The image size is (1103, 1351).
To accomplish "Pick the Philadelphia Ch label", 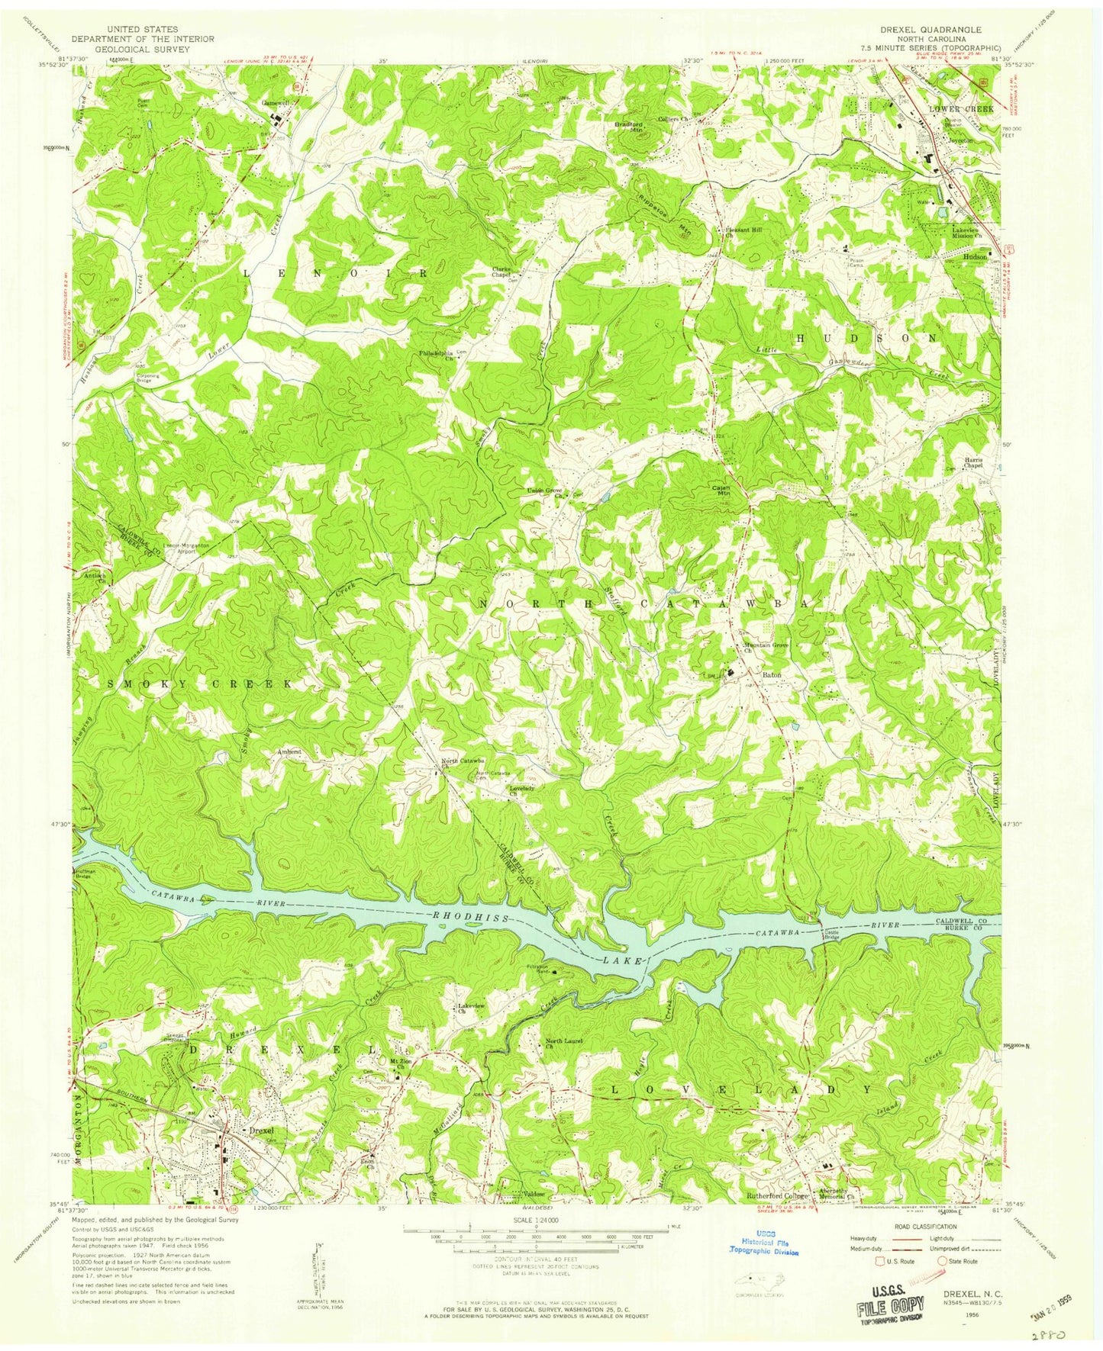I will click(437, 355).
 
